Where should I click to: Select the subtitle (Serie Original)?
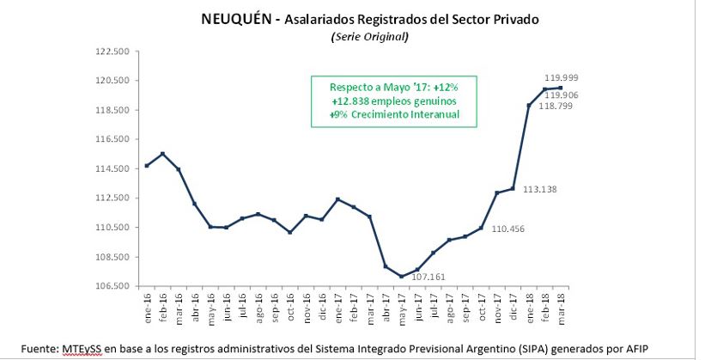369,37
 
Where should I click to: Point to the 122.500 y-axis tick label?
111,52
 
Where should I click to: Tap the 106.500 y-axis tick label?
111,286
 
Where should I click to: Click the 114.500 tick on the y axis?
111,169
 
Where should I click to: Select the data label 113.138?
540,189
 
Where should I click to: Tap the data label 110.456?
507,229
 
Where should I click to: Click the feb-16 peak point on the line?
163,154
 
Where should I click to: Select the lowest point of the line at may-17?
401,277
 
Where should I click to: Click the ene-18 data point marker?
529,106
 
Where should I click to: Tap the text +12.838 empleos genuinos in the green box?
394,101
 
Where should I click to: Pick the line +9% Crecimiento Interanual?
394,114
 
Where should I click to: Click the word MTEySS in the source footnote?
82,347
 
